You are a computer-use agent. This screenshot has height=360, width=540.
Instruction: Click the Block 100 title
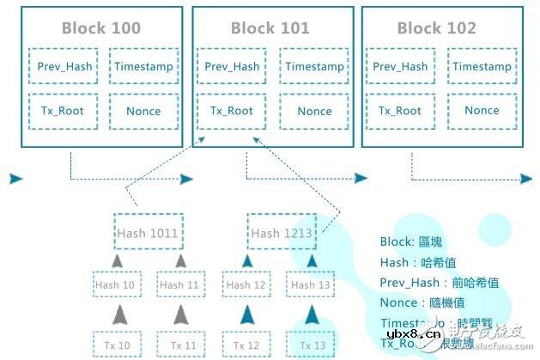[100, 28]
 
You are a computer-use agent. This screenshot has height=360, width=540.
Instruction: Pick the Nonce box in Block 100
[143, 111]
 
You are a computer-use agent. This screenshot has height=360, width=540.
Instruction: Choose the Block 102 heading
[436, 28]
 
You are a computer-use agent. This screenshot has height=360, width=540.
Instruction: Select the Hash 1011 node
[149, 232]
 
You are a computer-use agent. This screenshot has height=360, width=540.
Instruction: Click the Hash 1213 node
[282, 232]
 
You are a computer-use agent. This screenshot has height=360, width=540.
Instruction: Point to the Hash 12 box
[246, 284]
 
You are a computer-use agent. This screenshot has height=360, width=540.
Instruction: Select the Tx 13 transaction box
[312, 345]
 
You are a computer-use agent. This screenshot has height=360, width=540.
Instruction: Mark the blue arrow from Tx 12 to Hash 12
[246, 314]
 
